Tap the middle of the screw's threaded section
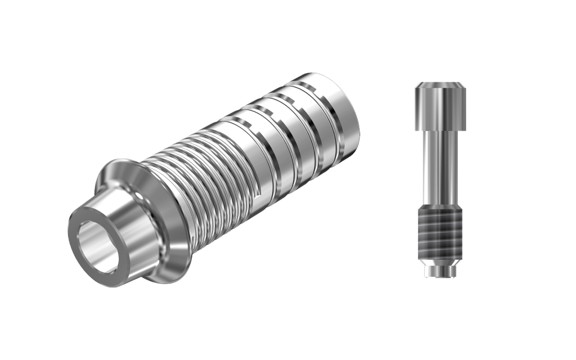(x=440, y=233)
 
